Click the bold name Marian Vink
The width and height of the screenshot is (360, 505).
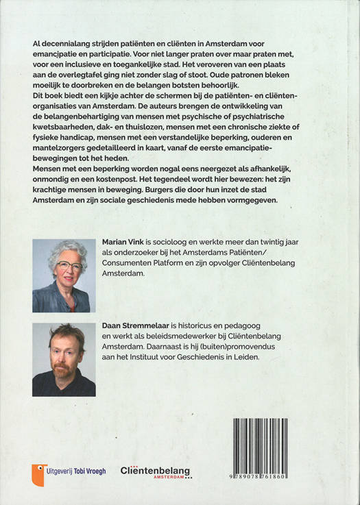coord(124,243)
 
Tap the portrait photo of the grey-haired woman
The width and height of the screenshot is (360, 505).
coord(64,275)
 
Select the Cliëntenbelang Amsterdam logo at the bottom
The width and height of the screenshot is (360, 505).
coord(156,471)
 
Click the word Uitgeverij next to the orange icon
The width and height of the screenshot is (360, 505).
coord(63,471)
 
